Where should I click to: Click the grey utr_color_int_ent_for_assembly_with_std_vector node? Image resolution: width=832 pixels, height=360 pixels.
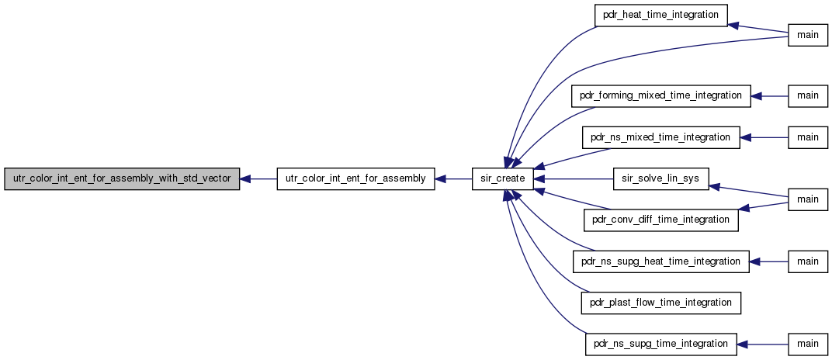pos(122,179)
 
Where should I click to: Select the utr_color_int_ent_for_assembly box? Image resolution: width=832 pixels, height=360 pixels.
pos(355,179)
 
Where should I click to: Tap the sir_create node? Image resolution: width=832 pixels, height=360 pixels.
pos(502,179)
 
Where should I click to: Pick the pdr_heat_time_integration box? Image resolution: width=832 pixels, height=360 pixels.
pos(660,16)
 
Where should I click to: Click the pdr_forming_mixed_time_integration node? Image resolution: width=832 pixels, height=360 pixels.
pos(660,96)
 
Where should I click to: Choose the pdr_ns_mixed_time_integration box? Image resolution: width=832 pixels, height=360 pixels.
pos(660,137)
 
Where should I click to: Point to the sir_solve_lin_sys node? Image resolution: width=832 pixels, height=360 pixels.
pos(660,179)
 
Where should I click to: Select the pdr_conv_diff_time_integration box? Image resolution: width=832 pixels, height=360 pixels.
pos(660,220)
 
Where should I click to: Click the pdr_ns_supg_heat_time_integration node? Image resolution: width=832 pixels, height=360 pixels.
pos(660,261)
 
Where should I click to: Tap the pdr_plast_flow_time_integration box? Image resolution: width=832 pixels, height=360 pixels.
pos(660,303)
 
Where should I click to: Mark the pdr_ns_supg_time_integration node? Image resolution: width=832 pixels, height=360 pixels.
pos(660,344)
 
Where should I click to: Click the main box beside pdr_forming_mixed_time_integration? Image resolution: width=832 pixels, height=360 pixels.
pos(808,96)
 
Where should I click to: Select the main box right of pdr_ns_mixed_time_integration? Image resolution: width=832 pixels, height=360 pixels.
pos(808,137)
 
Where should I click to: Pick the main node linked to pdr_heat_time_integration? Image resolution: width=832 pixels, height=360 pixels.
pos(808,35)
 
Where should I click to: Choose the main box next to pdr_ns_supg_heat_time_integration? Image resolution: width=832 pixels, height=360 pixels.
pos(808,261)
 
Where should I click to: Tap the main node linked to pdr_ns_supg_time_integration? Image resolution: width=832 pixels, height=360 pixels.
pos(808,344)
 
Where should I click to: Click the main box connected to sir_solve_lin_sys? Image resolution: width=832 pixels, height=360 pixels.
pos(808,199)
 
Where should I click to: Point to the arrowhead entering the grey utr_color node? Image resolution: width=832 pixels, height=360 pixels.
pos(245,179)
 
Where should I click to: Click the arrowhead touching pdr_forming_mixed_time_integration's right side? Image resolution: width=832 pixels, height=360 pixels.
pos(756,96)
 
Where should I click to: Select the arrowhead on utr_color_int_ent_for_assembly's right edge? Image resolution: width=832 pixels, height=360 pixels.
pos(440,179)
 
